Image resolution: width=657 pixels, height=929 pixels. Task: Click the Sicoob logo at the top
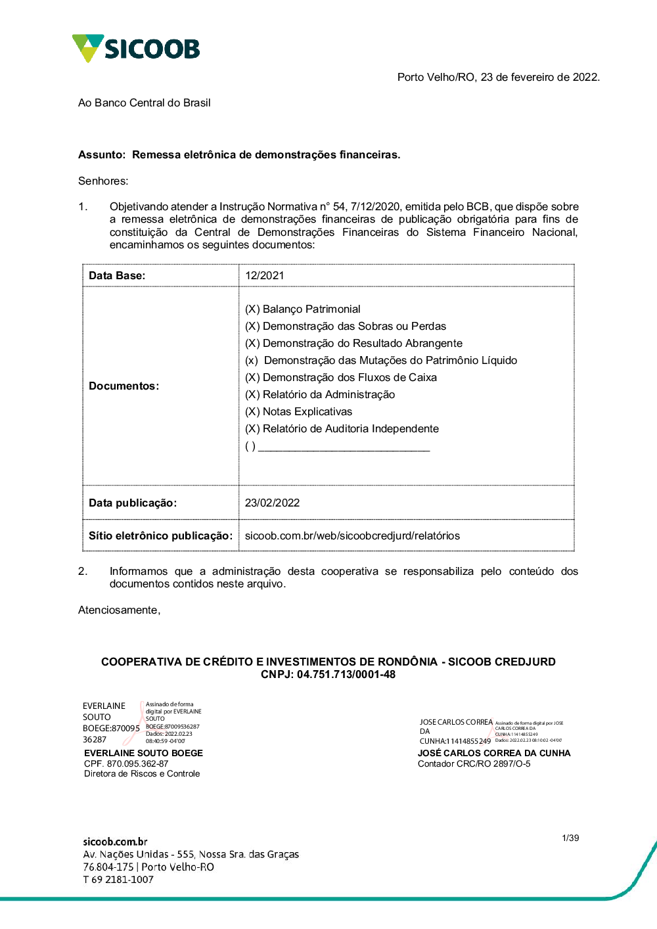tap(136, 49)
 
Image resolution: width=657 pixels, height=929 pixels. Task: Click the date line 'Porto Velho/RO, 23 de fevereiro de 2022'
tap(498, 77)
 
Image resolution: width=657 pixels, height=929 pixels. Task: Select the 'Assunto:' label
tap(101, 155)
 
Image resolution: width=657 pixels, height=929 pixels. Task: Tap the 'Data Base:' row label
tap(117, 275)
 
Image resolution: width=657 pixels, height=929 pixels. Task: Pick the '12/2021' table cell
tap(264, 275)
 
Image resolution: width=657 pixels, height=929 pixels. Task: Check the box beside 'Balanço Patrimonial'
tap(252, 309)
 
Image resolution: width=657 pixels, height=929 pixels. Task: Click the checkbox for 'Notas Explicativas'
tap(252, 412)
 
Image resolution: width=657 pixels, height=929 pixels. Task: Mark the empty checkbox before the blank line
tap(250, 447)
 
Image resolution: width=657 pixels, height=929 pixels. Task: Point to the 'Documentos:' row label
tap(124, 386)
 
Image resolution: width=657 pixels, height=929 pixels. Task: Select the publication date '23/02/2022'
tap(272, 503)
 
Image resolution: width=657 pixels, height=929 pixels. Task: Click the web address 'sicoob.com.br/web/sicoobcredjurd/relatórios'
tap(352, 535)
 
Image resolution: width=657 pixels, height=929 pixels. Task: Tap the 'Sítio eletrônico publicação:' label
tap(160, 535)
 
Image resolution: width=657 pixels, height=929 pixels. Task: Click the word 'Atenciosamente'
tap(118, 610)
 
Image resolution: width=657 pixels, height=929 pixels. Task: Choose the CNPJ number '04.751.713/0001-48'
tap(346, 675)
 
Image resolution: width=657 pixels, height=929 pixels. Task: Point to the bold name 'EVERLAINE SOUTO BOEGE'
tap(143, 753)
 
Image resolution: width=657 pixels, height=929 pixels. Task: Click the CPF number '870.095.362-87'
tap(137, 763)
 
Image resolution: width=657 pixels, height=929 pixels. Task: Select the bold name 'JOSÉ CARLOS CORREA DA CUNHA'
tap(494, 753)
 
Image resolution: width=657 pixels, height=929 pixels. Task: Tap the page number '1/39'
tap(570, 838)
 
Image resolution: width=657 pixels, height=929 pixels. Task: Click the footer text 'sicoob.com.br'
tap(115, 842)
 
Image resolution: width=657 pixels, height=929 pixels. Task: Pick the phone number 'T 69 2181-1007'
tap(118, 880)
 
